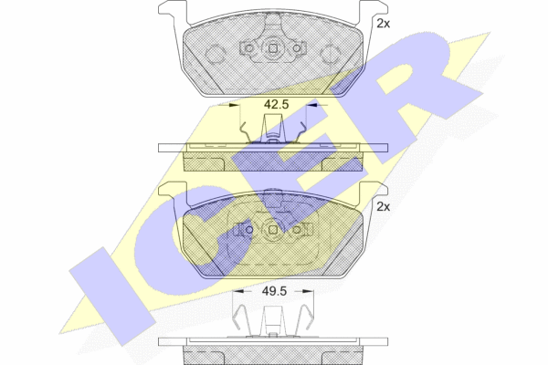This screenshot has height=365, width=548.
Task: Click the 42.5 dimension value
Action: pyautogui.click(x=276, y=104)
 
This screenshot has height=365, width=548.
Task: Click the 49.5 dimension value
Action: pyautogui.click(x=274, y=291)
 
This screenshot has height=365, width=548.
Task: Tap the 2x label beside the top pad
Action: pyautogui.click(x=383, y=24)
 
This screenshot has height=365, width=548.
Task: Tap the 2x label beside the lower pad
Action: pyautogui.click(x=383, y=207)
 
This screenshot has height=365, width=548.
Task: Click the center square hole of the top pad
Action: pyautogui.click(x=273, y=48)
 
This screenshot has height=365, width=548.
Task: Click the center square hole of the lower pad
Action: pyautogui.click(x=273, y=229)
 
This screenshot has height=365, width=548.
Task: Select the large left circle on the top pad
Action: pyautogui.click(x=215, y=54)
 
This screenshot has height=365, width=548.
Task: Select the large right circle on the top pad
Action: pyautogui.click(x=331, y=55)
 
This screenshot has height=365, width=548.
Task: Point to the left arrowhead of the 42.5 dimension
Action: pyautogui.click(x=235, y=104)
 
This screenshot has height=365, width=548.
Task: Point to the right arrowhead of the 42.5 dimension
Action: pyautogui.click(x=311, y=104)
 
